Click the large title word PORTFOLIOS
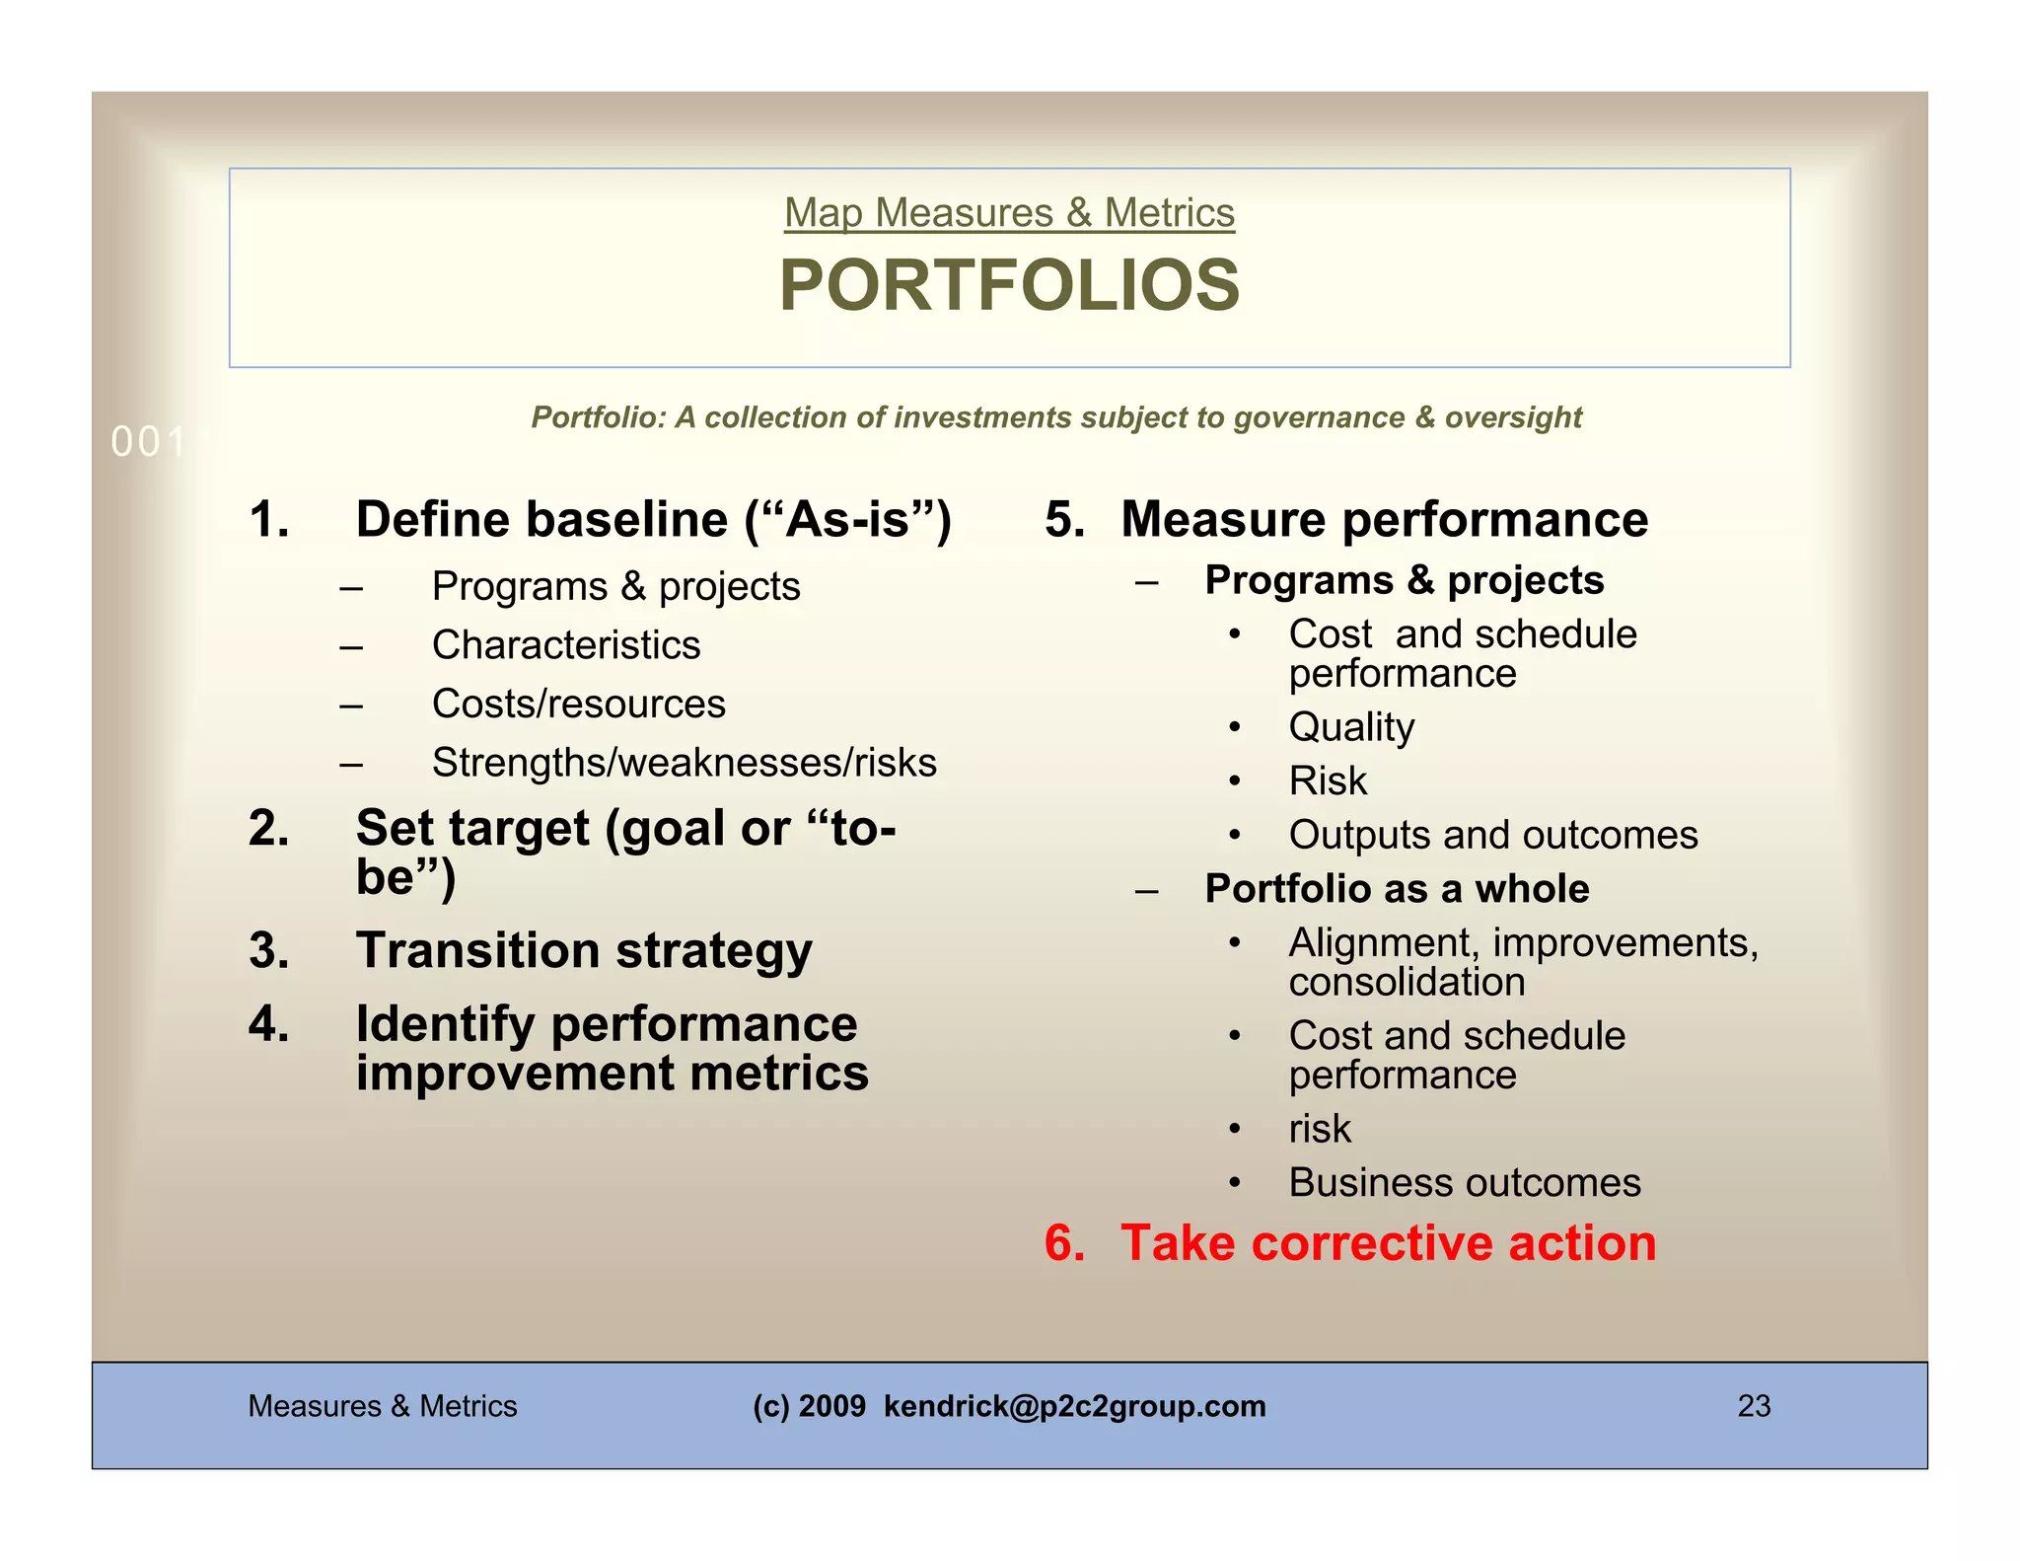point(1009,285)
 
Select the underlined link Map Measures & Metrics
point(1009,213)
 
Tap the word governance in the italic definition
point(1319,417)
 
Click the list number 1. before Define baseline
point(269,520)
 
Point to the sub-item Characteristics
point(566,645)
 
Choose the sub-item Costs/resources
point(578,705)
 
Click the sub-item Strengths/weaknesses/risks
point(684,763)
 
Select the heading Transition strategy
point(584,950)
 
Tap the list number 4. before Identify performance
point(269,1024)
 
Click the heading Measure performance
point(1384,520)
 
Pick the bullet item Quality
point(1351,728)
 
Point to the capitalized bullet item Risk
point(1328,781)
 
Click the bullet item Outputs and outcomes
point(1492,836)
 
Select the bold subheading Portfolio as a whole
point(1397,889)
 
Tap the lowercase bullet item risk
point(1320,1129)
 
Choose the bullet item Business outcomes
point(1465,1183)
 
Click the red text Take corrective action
point(1388,1243)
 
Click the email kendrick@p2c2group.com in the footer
point(1074,1406)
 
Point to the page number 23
point(1754,1406)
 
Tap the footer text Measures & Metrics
point(383,1406)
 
